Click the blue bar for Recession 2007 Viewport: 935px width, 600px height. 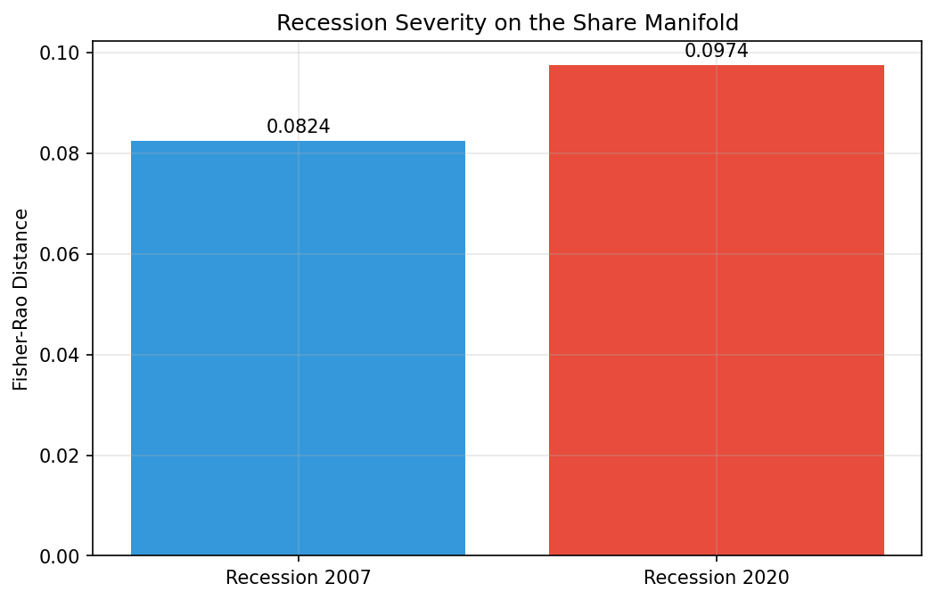[298, 348]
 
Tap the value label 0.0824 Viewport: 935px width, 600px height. [298, 127]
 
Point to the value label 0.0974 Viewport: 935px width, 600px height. [716, 51]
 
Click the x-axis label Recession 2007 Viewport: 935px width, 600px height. [298, 578]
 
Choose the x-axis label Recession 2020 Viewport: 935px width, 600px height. [716, 578]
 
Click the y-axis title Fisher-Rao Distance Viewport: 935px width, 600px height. [21, 299]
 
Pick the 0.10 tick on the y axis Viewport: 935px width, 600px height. [61, 53]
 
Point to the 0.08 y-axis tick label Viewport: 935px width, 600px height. [61, 153]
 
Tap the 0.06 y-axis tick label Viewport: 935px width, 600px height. [61, 254]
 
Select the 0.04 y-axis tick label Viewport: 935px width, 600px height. [61, 355]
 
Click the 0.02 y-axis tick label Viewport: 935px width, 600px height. [61, 456]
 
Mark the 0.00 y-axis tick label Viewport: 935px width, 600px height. [61, 556]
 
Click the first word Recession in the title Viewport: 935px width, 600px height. [318, 23]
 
